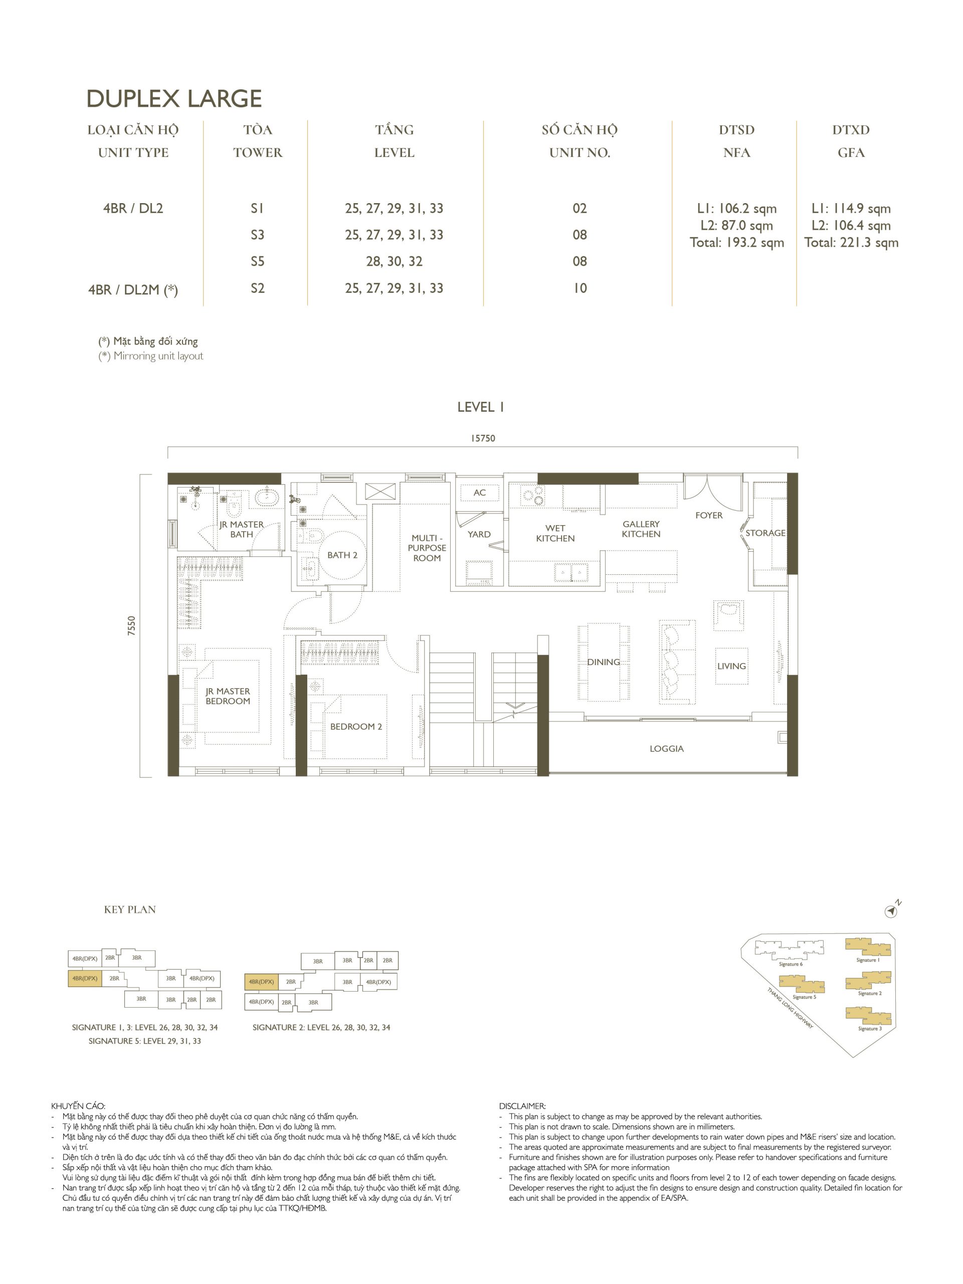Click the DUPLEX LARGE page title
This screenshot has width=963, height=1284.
coord(174,99)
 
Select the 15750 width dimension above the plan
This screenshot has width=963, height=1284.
coord(483,438)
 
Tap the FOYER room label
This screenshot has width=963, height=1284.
coord(708,515)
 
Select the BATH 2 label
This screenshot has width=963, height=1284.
coord(342,555)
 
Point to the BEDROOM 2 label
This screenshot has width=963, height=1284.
coord(355,726)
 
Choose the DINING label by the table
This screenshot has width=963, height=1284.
coord(604,662)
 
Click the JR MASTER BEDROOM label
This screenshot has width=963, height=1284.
coord(228,696)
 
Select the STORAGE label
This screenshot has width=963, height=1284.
coord(765,533)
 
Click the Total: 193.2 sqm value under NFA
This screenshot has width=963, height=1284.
coord(737,243)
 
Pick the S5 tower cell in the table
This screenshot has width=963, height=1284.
coord(258,261)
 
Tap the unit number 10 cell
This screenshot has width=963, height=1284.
coord(580,288)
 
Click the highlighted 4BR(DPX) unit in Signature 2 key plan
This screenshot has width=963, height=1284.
coord(261,982)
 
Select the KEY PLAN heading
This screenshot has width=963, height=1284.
coord(130,910)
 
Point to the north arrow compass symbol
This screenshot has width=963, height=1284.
coord(892,912)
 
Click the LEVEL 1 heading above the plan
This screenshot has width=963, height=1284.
coord(480,407)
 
